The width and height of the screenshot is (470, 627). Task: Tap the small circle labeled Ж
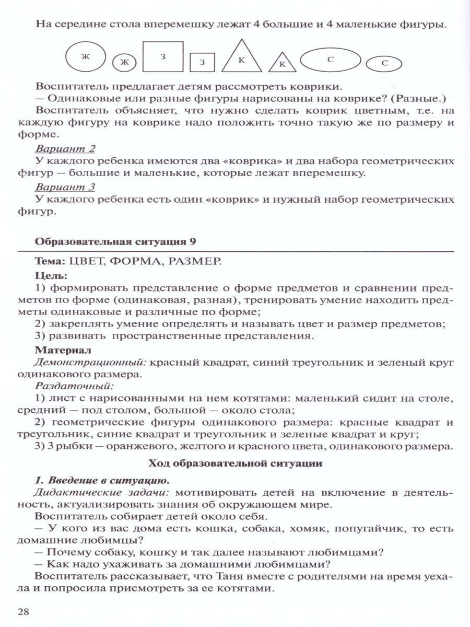(x=124, y=63)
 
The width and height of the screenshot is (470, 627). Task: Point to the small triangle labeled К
(x=282, y=63)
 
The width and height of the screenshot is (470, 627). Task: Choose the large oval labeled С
(x=330, y=59)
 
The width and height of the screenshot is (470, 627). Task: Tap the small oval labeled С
(x=384, y=63)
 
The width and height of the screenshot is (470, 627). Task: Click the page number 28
(x=25, y=611)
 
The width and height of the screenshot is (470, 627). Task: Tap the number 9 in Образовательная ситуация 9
(x=197, y=242)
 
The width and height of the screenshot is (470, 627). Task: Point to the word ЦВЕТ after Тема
(x=87, y=261)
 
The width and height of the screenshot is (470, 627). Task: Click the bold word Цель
(x=50, y=275)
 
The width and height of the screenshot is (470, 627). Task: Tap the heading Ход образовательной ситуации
(x=236, y=463)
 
